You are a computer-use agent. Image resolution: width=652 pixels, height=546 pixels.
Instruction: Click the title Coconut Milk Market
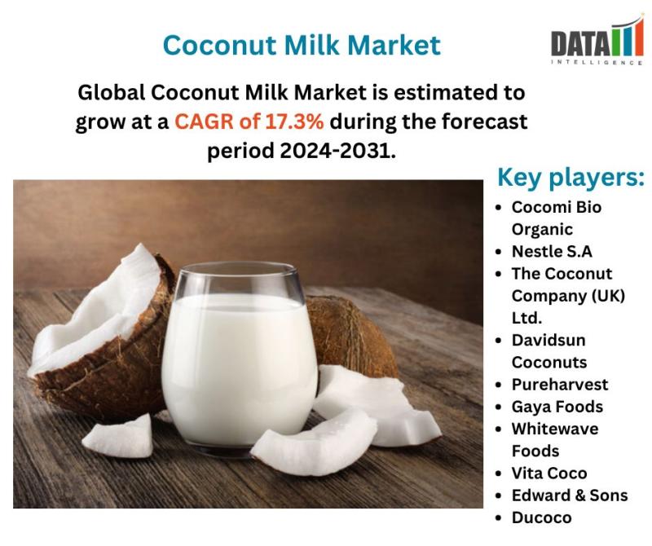click(x=302, y=45)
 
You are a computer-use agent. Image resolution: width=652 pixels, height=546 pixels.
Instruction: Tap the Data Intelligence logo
click(x=597, y=41)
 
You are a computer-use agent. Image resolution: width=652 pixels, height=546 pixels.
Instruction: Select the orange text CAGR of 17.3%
click(x=249, y=121)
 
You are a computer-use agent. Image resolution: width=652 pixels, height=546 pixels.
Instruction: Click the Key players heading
click(x=571, y=178)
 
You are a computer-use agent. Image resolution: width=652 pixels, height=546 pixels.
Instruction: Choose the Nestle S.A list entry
click(x=552, y=251)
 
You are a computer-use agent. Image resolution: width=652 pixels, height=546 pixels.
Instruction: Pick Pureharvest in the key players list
click(x=560, y=385)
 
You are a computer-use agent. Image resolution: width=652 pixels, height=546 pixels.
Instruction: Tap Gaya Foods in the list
click(x=557, y=407)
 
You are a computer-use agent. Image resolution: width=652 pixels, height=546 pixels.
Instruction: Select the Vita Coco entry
click(x=549, y=473)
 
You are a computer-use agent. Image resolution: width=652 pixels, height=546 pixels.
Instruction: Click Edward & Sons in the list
click(x=570, y=495)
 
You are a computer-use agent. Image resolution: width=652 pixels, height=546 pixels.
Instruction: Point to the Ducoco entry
click(x=541, y=517)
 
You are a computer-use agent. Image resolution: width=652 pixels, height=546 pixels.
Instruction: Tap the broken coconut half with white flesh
click(x=99, y=332)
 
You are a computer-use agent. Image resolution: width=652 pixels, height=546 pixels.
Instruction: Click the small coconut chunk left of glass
click(x=118, y=437)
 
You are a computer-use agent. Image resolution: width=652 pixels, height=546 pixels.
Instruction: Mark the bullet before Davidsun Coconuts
click(x=500, y=341)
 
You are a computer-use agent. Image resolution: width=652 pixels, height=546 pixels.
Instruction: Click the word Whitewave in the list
click(x=555, y=429)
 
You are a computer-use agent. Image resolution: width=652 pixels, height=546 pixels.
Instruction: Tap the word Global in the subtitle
click(x=112, y=92)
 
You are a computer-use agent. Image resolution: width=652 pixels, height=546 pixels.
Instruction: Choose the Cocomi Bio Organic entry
click(x=557, y=218)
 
